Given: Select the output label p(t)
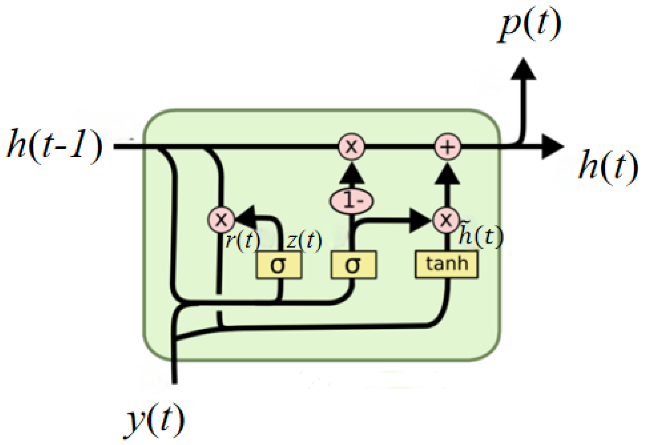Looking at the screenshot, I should [x=530, y=25].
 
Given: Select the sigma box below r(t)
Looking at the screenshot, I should [x=279, y=265].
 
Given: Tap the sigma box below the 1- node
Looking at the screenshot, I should [x=353, y=265].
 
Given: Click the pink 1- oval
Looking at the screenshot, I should [x=352, y=201].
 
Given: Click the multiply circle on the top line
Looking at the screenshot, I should [x=352, y=147].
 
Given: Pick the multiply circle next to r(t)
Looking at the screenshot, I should [x=221, y=220].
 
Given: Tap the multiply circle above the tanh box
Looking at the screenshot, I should [x=447, y=220].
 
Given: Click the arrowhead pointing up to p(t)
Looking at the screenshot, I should [x=523, y=69].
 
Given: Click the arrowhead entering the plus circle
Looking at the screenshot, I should [x=447, y=174].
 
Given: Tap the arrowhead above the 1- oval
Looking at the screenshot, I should [x=352, y=174].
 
